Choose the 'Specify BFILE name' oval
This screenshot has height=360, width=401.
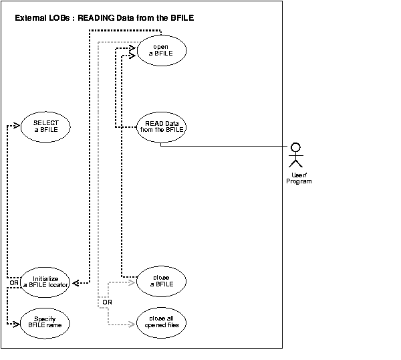click(x=45, y=323)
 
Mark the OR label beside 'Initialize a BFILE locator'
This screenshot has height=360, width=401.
click(x=13, y=282)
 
